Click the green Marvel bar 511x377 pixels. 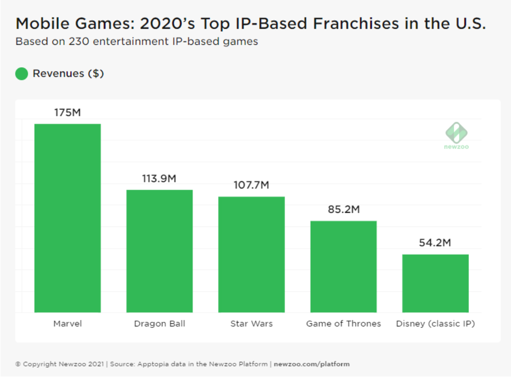tap(68, 218)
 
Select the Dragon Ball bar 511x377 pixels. tap(159, 251)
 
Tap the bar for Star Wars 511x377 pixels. tap(251, 254)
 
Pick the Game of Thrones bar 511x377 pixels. tap(343, 266)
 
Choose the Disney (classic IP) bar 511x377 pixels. tap(435, 283)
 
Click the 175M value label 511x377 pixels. tap(68, 113)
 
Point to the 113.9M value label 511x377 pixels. tap(159, 179)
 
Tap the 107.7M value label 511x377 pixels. tap(251, 186)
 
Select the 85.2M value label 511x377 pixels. tap(343, 210)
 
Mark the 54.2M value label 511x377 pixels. tap(435, 243)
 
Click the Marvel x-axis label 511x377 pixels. tap(68, 323)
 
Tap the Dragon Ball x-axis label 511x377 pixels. tap(159, 323)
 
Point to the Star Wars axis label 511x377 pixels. tap(251, 323)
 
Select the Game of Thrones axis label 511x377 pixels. tap(343, 323)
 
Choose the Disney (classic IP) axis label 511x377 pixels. tap(435, 324)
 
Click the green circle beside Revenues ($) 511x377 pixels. tap(21, 74)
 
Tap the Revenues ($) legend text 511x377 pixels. tap(68, 74)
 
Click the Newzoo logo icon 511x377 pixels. tap(456, 132)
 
